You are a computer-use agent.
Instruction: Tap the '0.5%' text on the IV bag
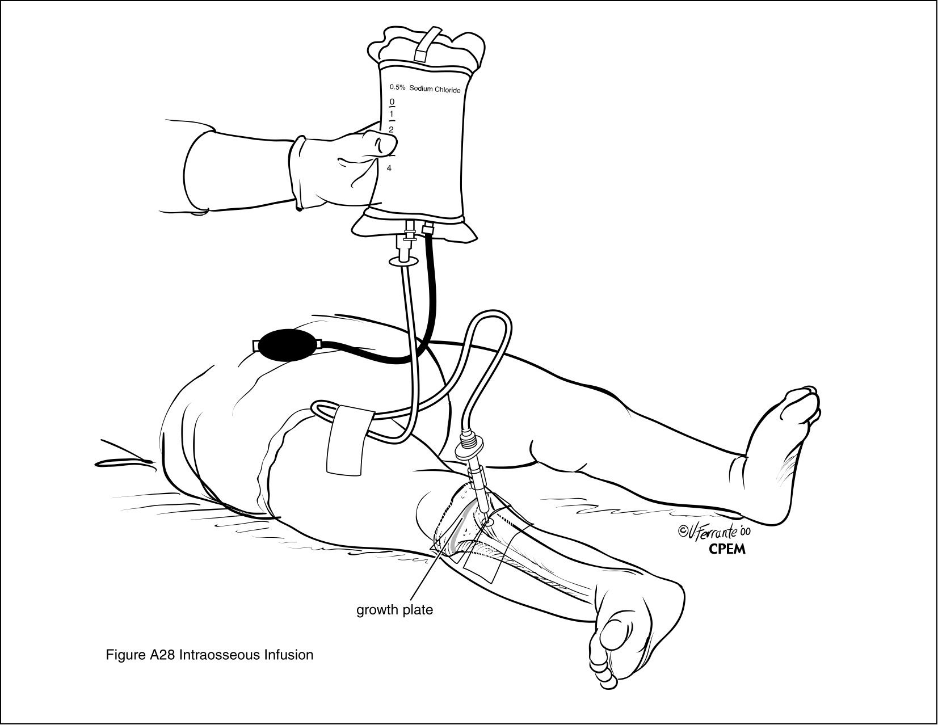pyautogui.click(x=398, y=87)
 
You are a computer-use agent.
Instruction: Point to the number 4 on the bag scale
pyautogui.click(x=389, y=168)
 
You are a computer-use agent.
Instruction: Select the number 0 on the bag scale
pyautogui.click(x=392, y=102)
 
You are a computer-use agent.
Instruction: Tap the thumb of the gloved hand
pyautogui.click(x=380, y=144)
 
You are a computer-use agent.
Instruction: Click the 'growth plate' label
pyautogui.click(x=394, y=610)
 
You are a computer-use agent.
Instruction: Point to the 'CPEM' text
pyautogui.click(x=727, y=549)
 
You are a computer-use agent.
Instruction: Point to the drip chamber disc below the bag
pyautogui.click(x=403, y=261)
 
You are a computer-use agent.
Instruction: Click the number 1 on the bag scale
pyautogui.click(x=392, y=114)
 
